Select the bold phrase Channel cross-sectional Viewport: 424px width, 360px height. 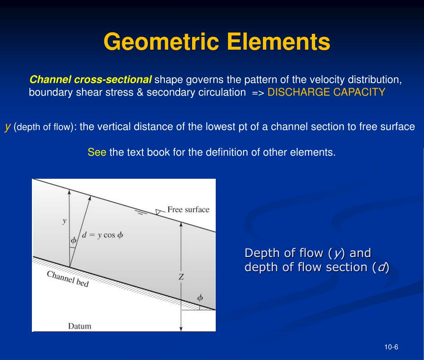tap(91, 79)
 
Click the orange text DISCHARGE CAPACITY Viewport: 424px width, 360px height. tap(326, 92)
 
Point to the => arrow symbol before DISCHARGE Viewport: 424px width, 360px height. tap(258, 93)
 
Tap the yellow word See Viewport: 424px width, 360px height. tap(97, 152)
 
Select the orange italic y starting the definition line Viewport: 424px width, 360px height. tap(7, 127)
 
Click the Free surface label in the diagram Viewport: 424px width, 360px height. tap(188, 209)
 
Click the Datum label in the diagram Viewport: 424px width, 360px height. tap(79, 326)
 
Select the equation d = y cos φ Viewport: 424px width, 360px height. tap(102, 235)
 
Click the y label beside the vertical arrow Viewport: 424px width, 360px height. tap(64, 221)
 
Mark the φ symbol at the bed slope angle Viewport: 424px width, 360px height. tap(200, 298)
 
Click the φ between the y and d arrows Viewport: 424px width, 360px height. tap(74, 240)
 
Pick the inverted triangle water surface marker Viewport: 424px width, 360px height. tap(158, 212)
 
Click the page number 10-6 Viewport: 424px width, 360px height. tap(391, 347)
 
